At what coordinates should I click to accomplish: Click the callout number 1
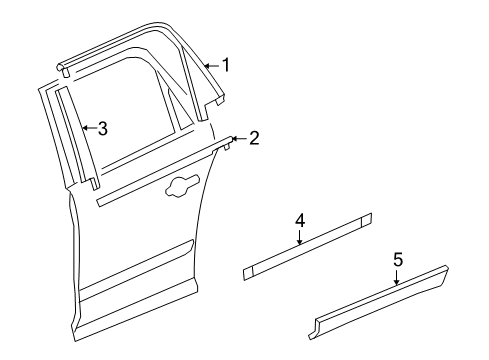pos(226,66)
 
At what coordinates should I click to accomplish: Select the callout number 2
pos(254,137)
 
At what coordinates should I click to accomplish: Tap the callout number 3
pos(102,128)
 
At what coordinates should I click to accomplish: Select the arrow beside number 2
pos(237,137)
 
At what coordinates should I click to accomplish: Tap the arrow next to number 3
pos(87,128)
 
